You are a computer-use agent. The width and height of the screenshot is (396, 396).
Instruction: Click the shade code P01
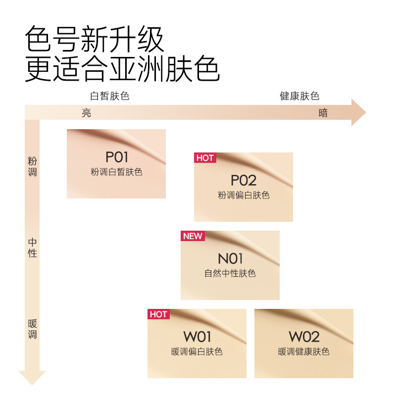(x=117, y=157)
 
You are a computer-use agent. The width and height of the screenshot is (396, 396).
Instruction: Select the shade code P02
(x=244, y=180)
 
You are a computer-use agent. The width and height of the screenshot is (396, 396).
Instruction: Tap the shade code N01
(x=231, y=258)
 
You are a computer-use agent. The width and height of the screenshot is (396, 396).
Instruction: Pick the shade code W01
(x=198, y=337)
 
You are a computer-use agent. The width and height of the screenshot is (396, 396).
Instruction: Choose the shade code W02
(x=304, y=337)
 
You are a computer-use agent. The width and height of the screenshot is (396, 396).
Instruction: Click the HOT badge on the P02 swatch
(x=205, y=158)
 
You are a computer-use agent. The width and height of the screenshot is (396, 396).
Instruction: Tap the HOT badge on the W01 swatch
(x=158, y=314)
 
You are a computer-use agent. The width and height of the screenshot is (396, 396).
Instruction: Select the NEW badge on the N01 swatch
(x=193, y=236)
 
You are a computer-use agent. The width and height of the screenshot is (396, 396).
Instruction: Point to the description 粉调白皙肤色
(x=116, y=172)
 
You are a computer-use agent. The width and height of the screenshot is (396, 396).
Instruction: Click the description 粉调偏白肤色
(x=244, y=195)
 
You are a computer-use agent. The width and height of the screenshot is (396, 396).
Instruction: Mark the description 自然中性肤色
(x=230, y=273)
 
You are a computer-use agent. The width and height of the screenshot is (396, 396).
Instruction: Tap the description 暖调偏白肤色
(x=197, y=351)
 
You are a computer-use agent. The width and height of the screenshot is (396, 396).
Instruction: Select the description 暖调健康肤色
(x=304, y=351)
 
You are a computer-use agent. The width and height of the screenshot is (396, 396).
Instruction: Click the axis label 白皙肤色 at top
(x=109, y=96)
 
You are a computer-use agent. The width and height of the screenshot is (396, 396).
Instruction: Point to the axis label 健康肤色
(x=299, y=96)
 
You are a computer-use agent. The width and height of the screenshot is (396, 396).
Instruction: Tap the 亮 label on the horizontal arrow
(x=87, y=113)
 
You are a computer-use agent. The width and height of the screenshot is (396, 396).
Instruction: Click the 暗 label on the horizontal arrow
(x=323, y=113)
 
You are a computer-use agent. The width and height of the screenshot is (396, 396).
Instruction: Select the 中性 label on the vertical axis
(x=33, y=247)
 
